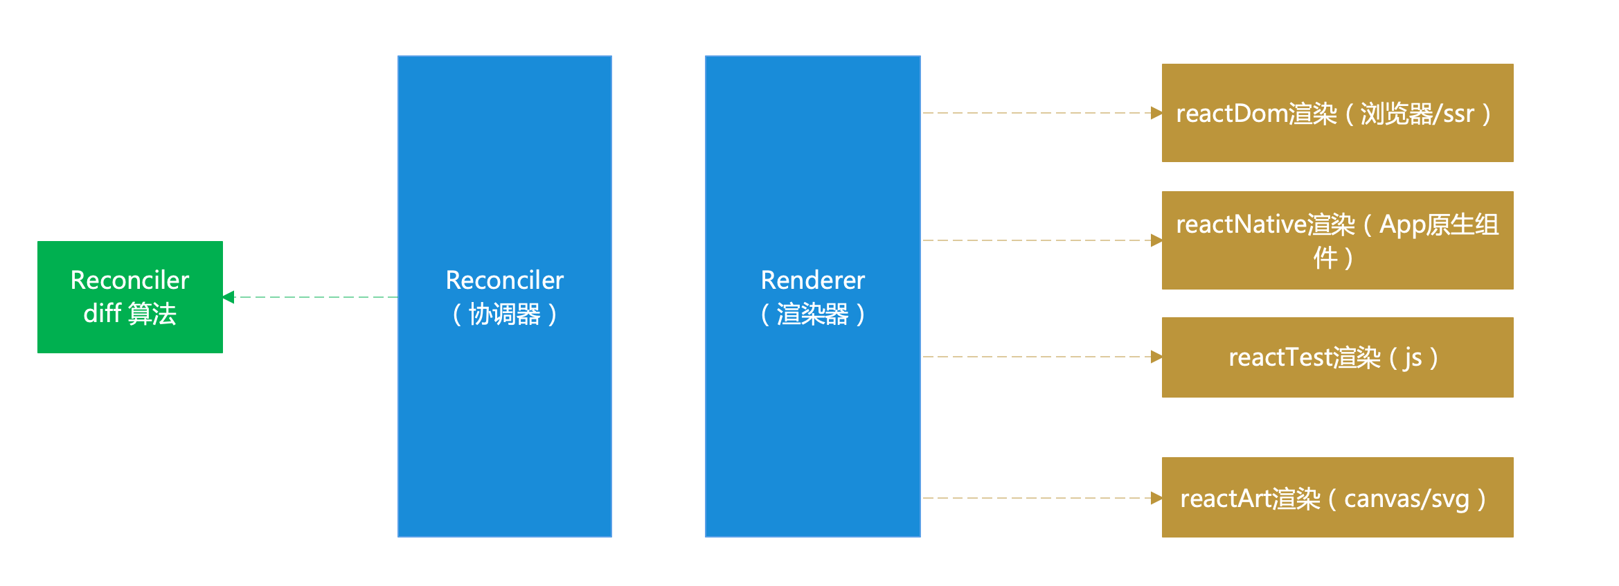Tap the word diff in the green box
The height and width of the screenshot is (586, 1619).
[x=102, y=314]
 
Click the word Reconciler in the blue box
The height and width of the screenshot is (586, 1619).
[x=504, y=281]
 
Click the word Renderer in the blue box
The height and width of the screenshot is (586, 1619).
[x=812, y=281]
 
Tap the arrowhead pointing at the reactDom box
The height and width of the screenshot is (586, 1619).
[x=1156, y=113]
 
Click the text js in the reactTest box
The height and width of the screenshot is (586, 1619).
[x=1413, y=358]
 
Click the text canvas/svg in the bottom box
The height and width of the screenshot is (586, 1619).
[x=1406, y=499]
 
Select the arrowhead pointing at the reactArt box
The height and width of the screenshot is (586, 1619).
[x=1156, y=498]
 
